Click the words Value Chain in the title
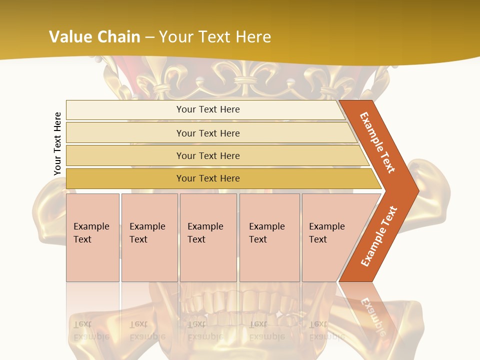point(94,36)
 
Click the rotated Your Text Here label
point(57,143)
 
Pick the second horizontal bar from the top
point(207,133)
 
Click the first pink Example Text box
point(92,237)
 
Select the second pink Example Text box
point(149,237)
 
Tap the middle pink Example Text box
point(208,237)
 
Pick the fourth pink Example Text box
point(269,237)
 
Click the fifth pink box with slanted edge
point(330,237)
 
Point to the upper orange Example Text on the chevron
point(378,142)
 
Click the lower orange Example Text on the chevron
point(379,236)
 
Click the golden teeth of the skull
point(235,302)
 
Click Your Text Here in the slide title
point(215,36)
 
